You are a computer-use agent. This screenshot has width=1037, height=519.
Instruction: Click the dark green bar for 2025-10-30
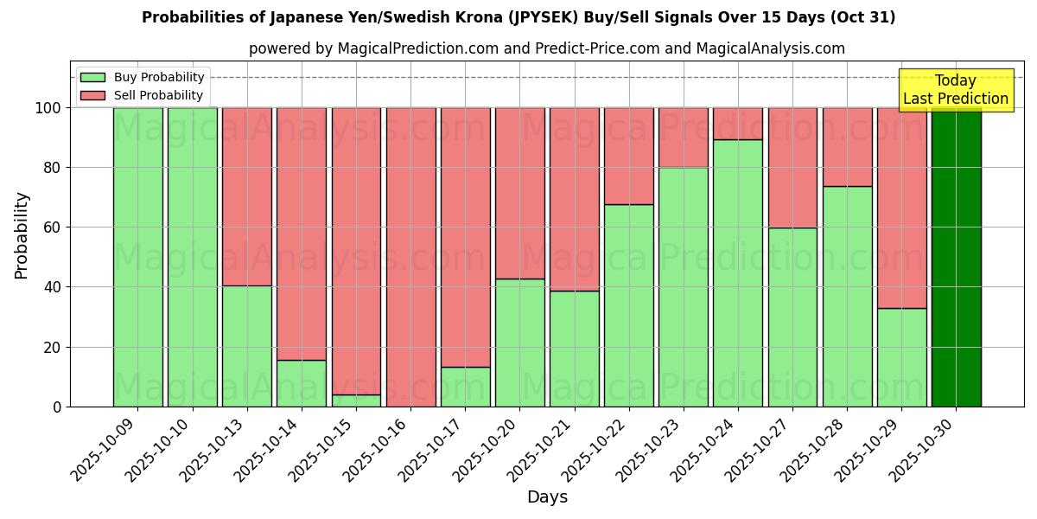point(956,257)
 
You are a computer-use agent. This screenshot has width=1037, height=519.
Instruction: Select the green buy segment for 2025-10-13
point(247,346)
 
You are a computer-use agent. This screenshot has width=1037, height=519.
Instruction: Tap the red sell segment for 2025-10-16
point(410,257)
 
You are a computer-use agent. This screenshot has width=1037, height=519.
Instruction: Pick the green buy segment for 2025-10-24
point(738,272)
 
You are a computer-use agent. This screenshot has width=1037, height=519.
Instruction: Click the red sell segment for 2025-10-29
point(901,208)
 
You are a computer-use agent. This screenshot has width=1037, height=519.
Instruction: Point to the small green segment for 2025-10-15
point(356,400)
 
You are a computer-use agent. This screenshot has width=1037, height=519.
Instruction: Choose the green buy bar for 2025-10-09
point(137,257)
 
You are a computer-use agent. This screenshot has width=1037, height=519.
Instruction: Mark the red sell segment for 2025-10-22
point(629,156)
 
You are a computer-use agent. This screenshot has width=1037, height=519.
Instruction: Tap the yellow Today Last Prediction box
point(956,90)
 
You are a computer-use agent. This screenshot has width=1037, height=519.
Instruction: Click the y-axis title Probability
point(22,234)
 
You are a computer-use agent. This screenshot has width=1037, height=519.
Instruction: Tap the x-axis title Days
point(547,497)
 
